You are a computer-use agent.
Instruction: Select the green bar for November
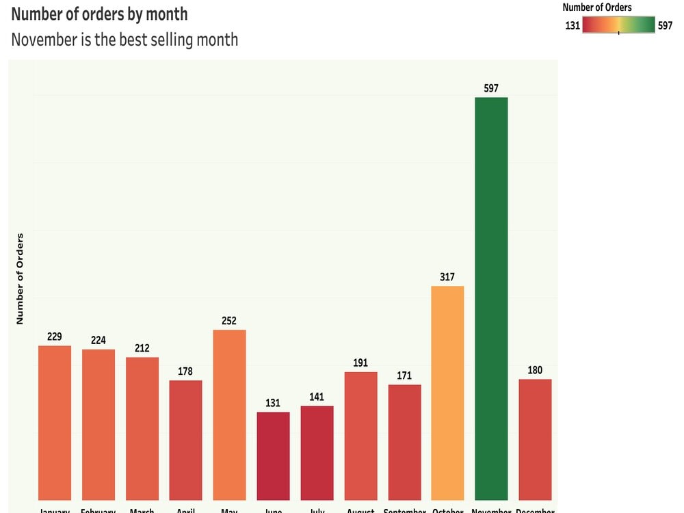[x=491, y=298]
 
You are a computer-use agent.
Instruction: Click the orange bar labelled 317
[x=447, y=393]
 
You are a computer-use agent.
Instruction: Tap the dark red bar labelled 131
[x=273, y=456]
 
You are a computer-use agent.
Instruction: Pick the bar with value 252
[x=229, y=415]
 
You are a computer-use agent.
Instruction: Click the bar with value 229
[x=54, y=423]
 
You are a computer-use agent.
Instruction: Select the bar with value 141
[x=317, y=453]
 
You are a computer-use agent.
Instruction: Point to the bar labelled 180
[x=535, y=439]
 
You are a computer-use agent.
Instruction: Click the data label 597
[x=491, y=88]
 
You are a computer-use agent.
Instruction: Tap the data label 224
[x=98, y=341]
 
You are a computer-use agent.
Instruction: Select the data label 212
[x=142, y=348]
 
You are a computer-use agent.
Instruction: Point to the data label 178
[x=185, y=371]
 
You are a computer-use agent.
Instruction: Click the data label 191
[x=360, y=363]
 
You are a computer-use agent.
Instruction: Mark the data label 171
[x=404, y=376]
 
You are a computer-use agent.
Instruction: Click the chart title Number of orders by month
[x=99, y=14]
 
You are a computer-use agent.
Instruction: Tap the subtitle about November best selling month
[x=124, y=40]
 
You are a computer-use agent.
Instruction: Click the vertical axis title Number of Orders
[x=20, y=278]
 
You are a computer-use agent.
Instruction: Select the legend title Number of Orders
[x=596, y=8]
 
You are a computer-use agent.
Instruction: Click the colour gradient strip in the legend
[x=618, y=25]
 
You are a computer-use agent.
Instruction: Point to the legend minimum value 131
[x=573, y=26]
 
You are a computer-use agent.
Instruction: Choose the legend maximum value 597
[x=665, y=26]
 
